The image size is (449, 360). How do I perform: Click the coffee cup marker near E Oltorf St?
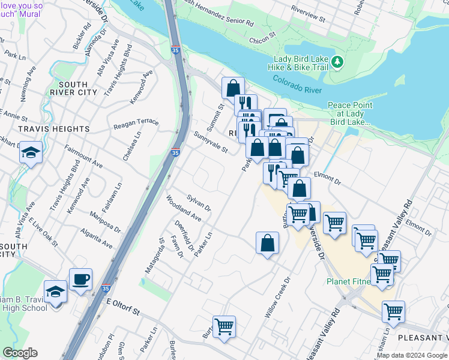[80, 279]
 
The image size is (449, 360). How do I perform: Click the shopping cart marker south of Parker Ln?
[224, 327]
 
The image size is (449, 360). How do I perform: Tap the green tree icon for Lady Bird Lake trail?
[337, 61]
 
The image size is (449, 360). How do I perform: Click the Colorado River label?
[297, 85]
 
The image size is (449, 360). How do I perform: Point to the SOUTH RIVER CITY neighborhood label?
[75, 88]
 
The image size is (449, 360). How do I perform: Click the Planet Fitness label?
[354, 281]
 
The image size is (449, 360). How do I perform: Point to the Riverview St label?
[307, 14]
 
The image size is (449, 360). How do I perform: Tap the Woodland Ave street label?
[184, 206]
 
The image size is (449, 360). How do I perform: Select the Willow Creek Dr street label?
[277, 297]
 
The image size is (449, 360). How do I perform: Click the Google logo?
[20, 353]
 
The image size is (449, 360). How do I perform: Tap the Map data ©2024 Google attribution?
[411, 355]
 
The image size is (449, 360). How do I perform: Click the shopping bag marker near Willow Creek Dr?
[267, 243]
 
